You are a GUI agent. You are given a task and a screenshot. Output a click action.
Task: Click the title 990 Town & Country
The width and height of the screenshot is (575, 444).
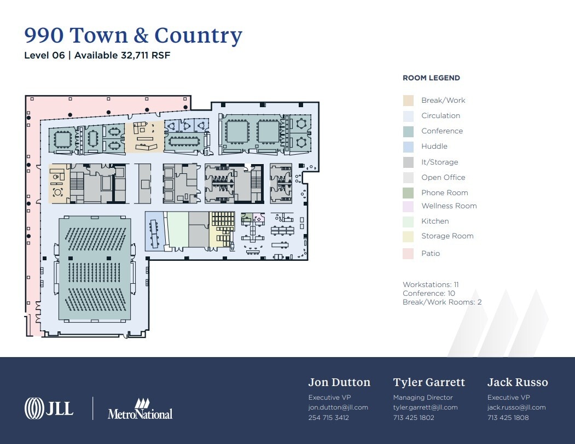(x=133, y=35)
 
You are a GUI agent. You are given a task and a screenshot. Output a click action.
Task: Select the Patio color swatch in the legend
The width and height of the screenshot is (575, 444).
(x=408, y=254)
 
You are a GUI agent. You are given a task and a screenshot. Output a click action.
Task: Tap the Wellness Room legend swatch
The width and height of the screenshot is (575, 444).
(x=408, y=206)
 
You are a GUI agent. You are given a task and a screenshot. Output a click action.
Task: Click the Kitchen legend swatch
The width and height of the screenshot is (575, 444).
(x=408, y=221)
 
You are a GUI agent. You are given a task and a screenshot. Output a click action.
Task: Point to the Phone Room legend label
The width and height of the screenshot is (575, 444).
(x=444, y=192)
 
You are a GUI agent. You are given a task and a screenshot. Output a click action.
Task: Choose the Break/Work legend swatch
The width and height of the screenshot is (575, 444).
(x=408, y=101)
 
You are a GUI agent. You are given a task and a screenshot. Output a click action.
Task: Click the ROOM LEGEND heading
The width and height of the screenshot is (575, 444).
(x=431, y=78)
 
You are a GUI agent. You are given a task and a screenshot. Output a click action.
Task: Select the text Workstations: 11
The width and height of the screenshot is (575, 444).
(x=431, y=285)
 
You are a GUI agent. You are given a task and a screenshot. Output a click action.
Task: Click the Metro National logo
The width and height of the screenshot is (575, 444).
(x=140, y=409)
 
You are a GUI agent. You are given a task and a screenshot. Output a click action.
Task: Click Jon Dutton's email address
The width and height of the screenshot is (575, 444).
(x=338, y=407)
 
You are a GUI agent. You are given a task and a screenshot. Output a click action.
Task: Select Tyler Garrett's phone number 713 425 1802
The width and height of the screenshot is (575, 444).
(x=413, y=418)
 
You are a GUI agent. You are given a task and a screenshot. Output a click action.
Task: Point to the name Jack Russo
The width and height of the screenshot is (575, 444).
(x=517, y=382)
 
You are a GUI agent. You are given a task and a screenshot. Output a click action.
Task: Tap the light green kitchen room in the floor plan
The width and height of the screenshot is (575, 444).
(x=177, y=230)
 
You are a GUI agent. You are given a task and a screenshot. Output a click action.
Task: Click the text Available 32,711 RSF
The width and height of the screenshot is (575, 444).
(x=123, y=55)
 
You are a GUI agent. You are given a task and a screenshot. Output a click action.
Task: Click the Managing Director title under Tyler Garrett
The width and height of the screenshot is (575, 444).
(x=422, y=398)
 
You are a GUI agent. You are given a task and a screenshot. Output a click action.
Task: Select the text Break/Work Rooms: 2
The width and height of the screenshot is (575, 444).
(x=442, y=302)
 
